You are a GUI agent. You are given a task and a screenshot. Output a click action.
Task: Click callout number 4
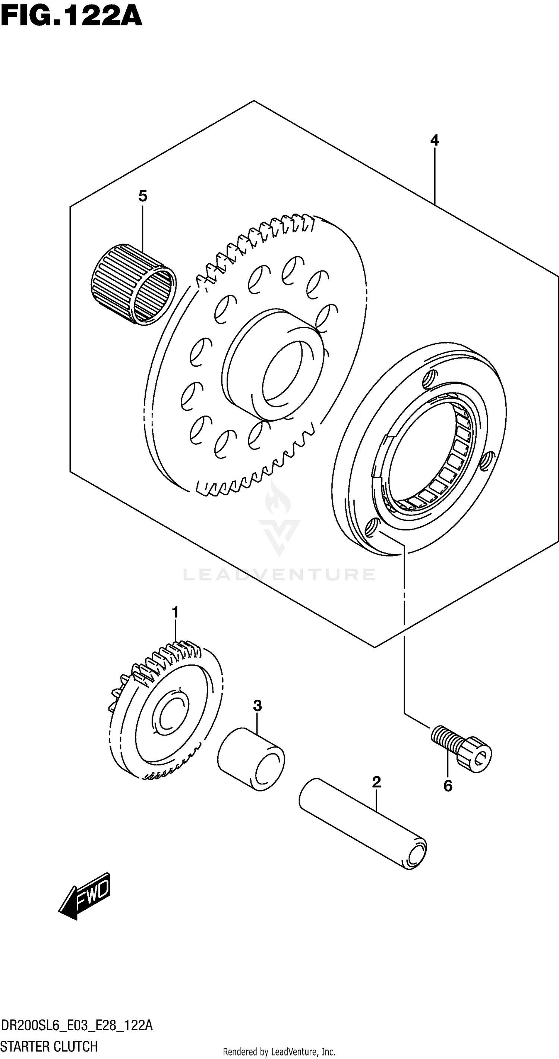coord(434,141)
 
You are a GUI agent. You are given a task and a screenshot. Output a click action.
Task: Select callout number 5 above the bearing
coord(142,196)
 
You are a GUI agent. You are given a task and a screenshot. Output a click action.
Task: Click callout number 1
coord(175,612)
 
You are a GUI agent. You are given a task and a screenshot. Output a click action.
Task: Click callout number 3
coord(257,706)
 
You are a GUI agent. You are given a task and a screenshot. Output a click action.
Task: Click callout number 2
coord(376,782)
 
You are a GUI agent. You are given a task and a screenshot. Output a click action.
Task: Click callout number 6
coord(448,786)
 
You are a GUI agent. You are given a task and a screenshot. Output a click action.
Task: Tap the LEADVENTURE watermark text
coord(279,575)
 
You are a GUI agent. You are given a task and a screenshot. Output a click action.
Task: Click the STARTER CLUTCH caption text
coord(49,1046)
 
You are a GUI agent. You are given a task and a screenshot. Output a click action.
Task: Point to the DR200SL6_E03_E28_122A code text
coord(76,1026)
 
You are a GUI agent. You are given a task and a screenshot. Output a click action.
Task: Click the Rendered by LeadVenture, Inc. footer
coord(279,1052)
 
